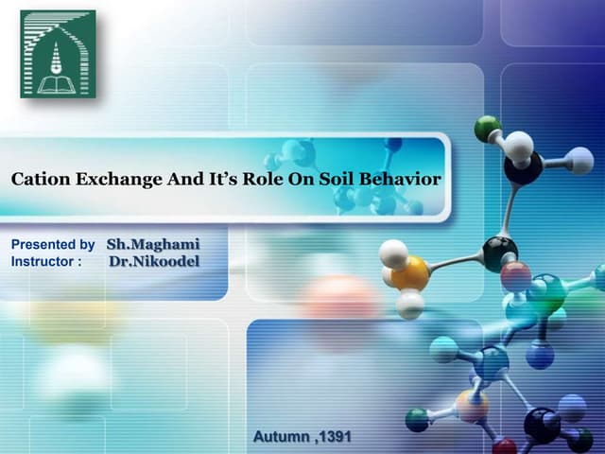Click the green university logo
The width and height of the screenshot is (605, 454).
click(58, 54)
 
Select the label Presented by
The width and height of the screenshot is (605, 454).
click(53, 245)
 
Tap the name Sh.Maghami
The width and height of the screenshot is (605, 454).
click(153, 244)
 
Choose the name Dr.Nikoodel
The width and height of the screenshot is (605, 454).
click(154, 260)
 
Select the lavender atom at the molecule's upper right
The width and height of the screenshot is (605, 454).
click(579, 161)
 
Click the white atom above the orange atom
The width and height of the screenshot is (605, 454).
click(393, 253)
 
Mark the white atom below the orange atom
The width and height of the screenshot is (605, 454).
click(409, 304)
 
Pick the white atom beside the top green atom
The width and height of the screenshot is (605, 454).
click(518, 147)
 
